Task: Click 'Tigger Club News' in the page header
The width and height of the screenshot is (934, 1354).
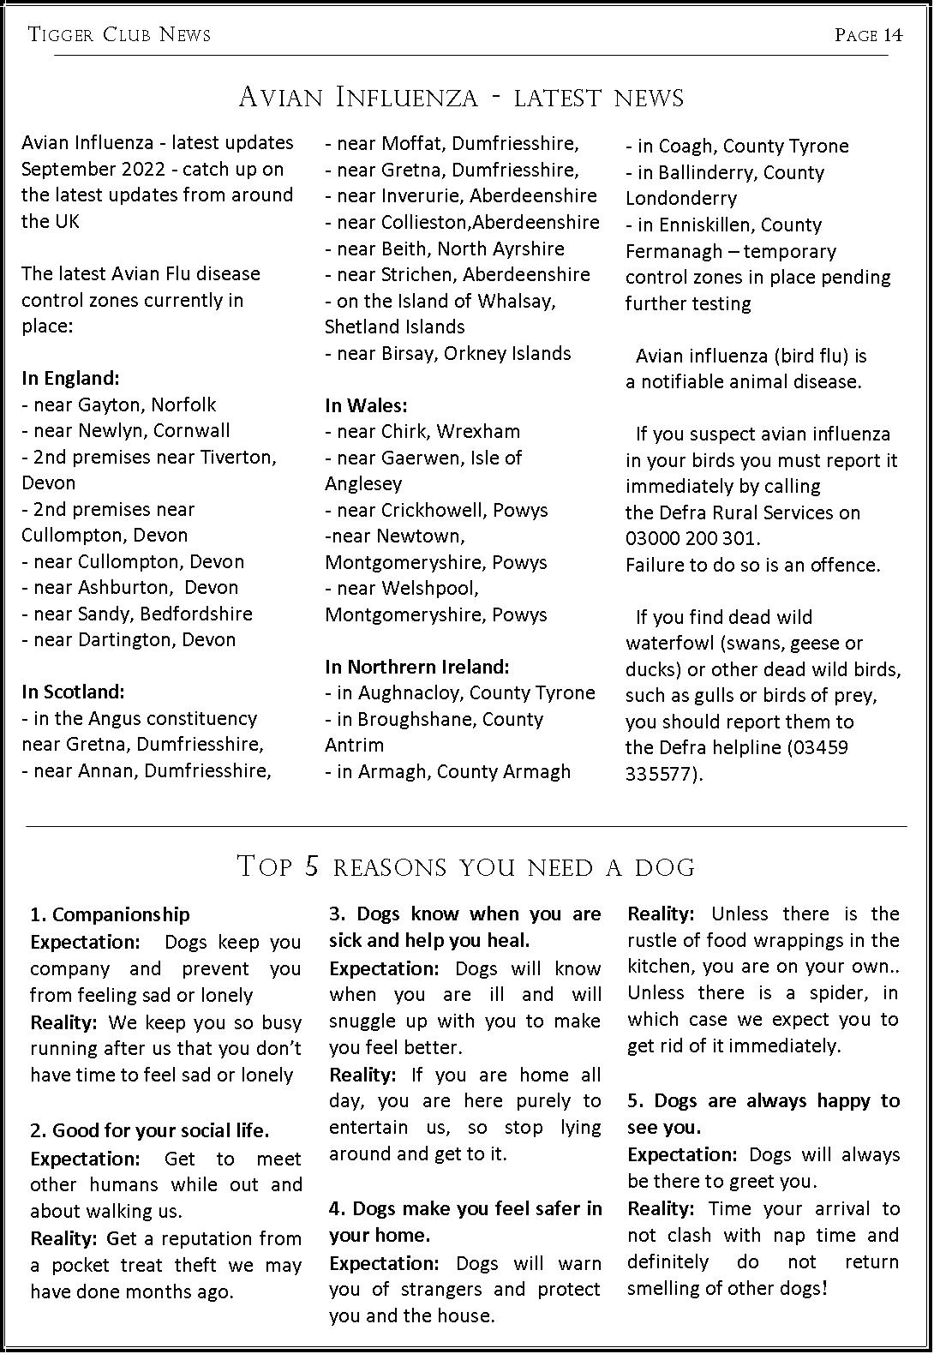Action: (119, 35)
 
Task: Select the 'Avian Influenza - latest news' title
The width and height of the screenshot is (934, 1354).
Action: (461, 97)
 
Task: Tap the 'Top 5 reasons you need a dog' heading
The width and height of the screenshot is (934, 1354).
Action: (465, 866)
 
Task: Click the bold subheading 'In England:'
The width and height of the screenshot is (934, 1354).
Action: (70, 378)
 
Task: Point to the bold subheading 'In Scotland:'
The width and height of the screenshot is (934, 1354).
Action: (73, 692)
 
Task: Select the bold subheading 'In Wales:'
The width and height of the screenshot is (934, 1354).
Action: (366, 405)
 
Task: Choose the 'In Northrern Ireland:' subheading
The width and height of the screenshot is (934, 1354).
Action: (416, 667)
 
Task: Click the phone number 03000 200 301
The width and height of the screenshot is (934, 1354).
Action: (692, 539)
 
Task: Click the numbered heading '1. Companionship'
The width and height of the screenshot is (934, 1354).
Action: (110, 914)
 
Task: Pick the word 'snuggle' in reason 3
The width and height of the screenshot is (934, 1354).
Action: (363, 1021)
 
